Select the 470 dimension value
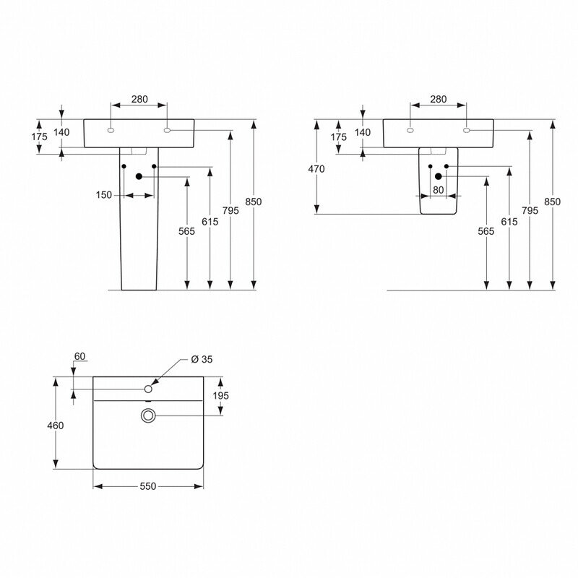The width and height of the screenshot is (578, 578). [316, 169]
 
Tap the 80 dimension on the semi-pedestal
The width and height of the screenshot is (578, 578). [438, 190]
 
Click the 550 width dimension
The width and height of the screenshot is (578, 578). [147, 487]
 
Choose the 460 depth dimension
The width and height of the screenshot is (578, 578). [56, 426]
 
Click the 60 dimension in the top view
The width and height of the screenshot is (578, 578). [80, 356]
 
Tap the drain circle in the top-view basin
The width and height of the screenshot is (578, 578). [148, 415]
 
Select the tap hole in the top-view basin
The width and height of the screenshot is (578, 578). [148, 389]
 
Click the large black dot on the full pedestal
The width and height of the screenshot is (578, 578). [139, 176]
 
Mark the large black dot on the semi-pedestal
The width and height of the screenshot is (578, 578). [438, 176]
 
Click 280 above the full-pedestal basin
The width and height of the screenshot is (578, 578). [139, 99]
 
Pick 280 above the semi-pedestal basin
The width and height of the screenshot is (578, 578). [439, 99]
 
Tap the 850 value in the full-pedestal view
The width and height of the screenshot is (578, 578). [253, 202]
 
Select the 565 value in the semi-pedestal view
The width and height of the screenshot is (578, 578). [486, 231]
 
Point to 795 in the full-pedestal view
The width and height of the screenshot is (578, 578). [230, 210]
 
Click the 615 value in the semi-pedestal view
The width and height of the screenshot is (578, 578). [509, 223]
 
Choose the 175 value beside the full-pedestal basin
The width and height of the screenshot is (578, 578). [39, 137]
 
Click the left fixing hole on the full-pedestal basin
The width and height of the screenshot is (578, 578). [111, 131]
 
